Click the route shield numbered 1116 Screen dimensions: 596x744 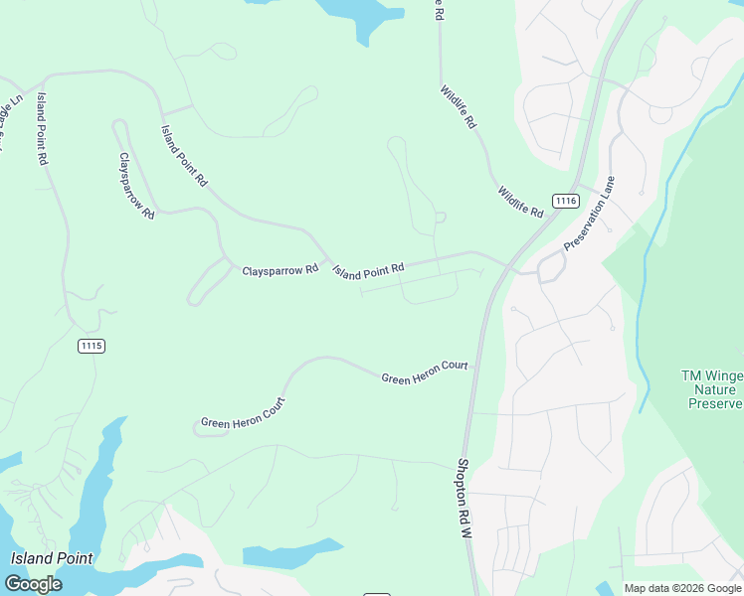pos(565,201)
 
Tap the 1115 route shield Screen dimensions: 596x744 pos(92,345)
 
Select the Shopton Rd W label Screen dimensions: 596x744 pos(465,498)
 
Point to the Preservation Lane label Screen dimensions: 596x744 pos(590,214)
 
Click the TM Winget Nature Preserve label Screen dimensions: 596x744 pos(712,389)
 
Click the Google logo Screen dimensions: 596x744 pos(33,584)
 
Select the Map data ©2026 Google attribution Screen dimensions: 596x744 pos(683,588)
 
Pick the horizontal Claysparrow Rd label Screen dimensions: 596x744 pos(279,269)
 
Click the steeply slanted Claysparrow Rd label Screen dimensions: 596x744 pos(137,186)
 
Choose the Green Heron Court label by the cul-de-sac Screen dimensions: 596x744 pos(243,414)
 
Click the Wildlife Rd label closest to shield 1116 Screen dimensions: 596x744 pos(521,203)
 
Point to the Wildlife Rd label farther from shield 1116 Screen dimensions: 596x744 pos(459,107)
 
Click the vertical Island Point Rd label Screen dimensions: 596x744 pos(43,128)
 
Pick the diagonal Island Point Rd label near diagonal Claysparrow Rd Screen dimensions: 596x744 pos(185,156)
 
